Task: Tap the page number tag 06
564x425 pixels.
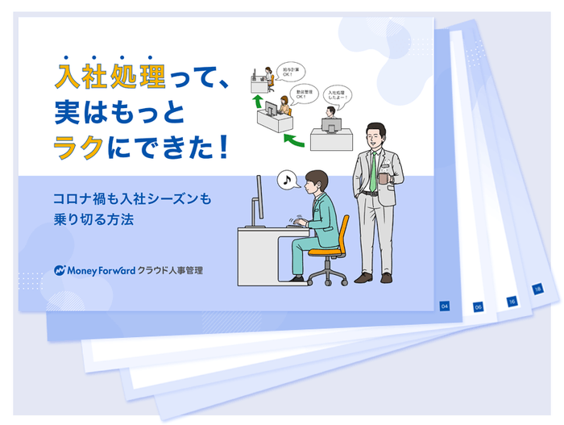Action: tap(478, 307)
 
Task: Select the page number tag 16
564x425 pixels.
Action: tap(511, 301)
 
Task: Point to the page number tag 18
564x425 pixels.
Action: tap(537, 289)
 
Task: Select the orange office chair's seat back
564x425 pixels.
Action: tap(340, 235)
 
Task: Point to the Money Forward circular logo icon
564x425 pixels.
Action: tap(60, 270)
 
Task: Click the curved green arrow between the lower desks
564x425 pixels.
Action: tap(295, 142)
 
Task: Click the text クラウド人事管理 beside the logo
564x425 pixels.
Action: tap(171, 270)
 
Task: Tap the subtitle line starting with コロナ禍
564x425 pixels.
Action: tap(131, 198)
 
